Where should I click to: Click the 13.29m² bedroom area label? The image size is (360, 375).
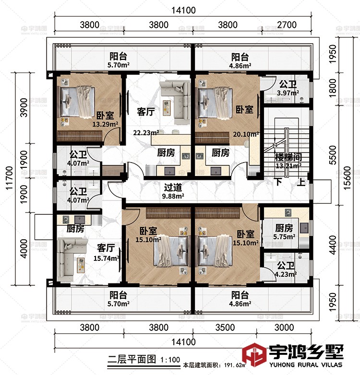tap(106, 125)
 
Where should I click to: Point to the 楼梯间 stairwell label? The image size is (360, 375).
tap(288, 157)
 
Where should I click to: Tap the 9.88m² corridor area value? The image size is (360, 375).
tap(173, 196)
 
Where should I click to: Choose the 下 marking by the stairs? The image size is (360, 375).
tap(278, 182)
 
